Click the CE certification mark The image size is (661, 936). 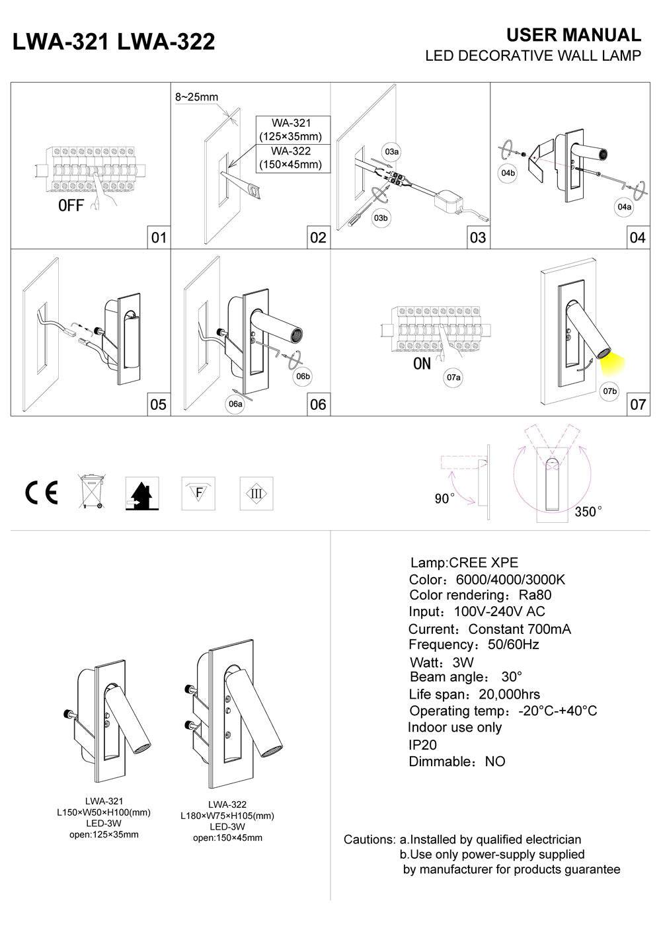coord(42,493)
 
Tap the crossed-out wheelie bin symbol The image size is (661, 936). coord(91,491)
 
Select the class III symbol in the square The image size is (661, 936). coord(256,493)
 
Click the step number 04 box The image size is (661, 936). coord(637,237)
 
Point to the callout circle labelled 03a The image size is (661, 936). coord(392,152)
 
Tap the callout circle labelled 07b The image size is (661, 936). coord(609,391)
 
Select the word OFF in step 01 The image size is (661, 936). coord(71,206)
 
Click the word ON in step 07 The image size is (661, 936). coord(421,364)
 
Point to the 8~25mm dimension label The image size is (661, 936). coord(196,97)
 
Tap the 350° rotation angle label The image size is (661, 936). coord(588,512)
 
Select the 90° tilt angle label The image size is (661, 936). coord(444,498)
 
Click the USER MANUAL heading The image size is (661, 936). coord(573,35)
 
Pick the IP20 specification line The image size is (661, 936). coord(423,744)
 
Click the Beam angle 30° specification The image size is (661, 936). coord(465,677)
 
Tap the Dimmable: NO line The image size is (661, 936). coord(457,761)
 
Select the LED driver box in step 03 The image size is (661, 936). coord(449,198)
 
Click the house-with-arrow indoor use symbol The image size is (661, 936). coord(142,493)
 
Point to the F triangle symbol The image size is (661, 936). coord(199,492)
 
